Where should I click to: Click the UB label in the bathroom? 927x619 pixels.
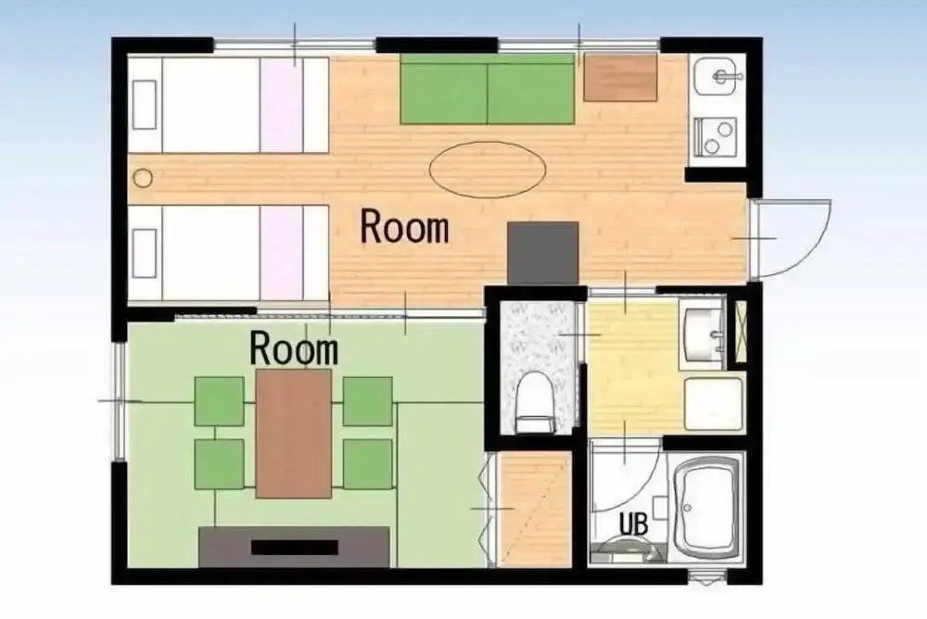(x=633, y=524)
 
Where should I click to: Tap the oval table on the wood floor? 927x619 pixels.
(x=488, y=170)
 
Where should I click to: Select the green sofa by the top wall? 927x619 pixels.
(x=488, y=89)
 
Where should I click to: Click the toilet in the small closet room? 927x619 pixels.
(x=534, y=402)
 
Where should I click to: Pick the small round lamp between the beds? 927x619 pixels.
(x=143, y=177)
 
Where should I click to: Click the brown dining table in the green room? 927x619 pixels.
(x=293, y=434)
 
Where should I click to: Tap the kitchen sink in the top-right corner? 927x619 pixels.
(x=716, y=76)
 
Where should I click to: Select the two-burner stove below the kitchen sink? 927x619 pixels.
(x=715, y=137)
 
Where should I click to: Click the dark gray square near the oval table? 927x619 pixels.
(x=542, y=253)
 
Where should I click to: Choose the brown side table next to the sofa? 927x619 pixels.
(x=620, y=77)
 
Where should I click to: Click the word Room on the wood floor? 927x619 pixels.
(x=405, y=227)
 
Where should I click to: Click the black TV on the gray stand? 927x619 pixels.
(x=295, y=547)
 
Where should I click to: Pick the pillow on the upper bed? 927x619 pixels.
(x=145, y=105)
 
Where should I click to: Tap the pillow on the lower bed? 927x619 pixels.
(x=145, y=253)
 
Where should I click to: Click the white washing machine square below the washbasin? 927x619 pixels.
(x=713, y=404)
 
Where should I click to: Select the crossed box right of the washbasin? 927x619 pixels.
(x=740, y=331)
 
